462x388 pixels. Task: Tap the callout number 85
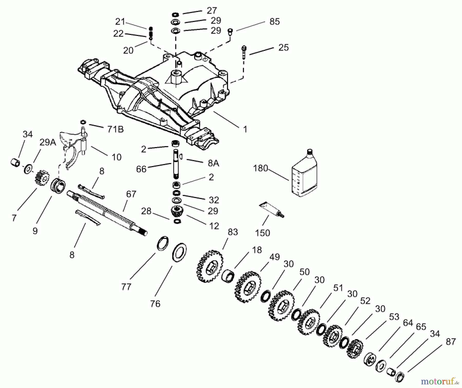(274, 22)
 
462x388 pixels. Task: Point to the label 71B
(115, 129)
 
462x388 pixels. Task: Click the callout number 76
(155, 304)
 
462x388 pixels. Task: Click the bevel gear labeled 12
(176, 213)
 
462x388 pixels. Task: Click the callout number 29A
(48, 142)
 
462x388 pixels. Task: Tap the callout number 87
(451, 342)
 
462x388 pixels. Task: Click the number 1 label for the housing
(245, 129)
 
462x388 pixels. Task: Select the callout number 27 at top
(212, 11)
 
